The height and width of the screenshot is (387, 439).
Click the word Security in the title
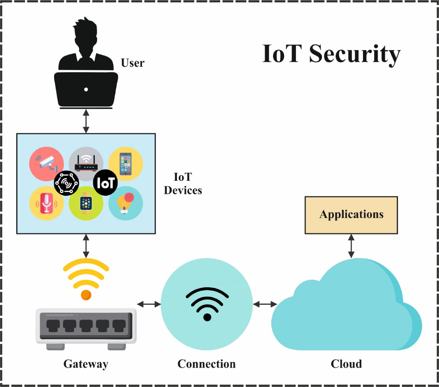pos(355,54)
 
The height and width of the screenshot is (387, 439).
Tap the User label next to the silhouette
pos(133,63)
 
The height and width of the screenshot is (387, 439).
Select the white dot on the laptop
pos(86,90)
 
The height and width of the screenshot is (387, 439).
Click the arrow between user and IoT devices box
pos(86,121)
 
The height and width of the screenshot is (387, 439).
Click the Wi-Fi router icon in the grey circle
pos(86,163)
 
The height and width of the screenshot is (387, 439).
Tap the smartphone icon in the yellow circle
pos(126,164)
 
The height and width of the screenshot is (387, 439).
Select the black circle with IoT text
pos(105,183)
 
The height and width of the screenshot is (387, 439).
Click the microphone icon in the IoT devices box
pos(46,203)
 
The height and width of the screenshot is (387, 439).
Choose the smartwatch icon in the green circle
pos(86,203)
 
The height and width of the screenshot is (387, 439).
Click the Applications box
pos(351,215)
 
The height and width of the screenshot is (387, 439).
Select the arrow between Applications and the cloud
pos(351,246)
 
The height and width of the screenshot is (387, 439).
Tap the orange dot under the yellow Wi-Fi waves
pos(86,295)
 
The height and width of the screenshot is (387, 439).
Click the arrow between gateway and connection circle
pos(149,304)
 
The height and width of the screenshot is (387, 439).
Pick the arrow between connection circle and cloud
pos(265,304)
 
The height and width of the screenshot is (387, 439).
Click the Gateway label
pos(86,364)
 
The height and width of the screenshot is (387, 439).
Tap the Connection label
pos(206,364)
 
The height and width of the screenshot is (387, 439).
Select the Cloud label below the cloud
pos(346,364)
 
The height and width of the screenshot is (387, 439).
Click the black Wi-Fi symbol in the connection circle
pos(207,303)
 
